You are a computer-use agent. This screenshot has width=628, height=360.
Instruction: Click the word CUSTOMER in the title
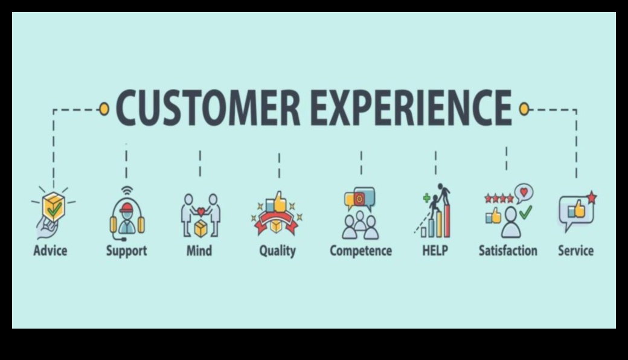pyautogui.click(x=208, y=108)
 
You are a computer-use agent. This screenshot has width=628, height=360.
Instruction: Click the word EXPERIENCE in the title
pyautogui.click(x=411, y=108)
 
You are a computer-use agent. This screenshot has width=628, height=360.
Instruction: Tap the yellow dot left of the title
pyautogui.click(x=104, y=109)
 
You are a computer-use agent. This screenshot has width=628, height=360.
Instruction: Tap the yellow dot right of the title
pyautogui.click(x=524, y=109)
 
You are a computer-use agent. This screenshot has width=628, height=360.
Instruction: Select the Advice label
pyautogui.click(x=50, y=251)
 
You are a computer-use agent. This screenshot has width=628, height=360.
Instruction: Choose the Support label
pyautogui.click(x=127, y=251)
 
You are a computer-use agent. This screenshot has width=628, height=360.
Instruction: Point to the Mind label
pyautogui.click(x=199, y=251)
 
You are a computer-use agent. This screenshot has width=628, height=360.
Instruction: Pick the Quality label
pyautogui.click(x=277, y=251)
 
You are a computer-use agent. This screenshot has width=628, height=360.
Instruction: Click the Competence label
pyautogui.click(x=361, y=251)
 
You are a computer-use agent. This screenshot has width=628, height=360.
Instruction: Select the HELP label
pyautogui.click(x=435, y=251)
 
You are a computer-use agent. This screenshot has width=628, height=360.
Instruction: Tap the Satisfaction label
pyautogui.click(x=508, y=251)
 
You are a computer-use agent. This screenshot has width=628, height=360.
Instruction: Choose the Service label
pyautogui.click(x=576, y=251)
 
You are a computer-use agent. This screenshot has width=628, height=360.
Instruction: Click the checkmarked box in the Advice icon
pyautogui.click(x=54, y=207)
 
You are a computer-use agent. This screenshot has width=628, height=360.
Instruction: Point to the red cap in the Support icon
pyautogui.click(x=127, y=207)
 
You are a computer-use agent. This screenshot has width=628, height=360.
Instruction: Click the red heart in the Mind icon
pyautogui.click(x=201, y=211)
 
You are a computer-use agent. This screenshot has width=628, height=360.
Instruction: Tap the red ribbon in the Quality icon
pyautogui.click(x=277, y=223)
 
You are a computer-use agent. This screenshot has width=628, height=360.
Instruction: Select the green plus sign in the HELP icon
pyautogui.click(x=427, y=198)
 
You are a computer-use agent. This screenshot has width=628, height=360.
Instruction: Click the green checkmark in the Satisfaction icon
pyautogui.click(x=526, y=212)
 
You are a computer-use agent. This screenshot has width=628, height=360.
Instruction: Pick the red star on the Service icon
pyautogui.click(x=592, y=198)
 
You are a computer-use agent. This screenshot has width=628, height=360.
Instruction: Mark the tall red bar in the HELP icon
pyautogui.click(x=447, y=220)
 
